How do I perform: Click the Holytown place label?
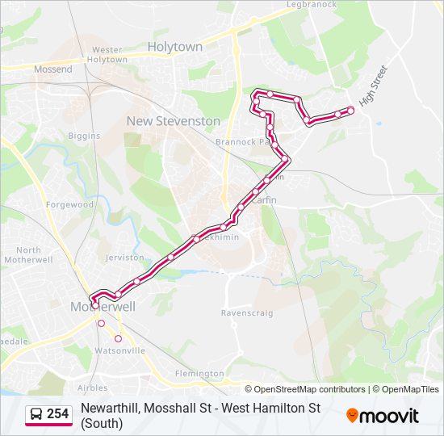click(175, 47)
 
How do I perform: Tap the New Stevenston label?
click(173, 121)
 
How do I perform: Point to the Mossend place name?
click(53, 69)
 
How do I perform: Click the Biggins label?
click(83, 136)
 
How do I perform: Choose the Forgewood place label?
click(69, 205)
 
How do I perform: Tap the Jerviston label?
click(124, 258)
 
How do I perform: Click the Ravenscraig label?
click(247, 312)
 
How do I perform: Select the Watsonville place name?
click(120, 351)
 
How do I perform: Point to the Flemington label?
click(199, 374)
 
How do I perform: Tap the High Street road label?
click(374, 86)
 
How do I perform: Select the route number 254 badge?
click(57, 414)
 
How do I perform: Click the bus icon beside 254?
click(37, 415)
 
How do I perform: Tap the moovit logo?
click(383, 416)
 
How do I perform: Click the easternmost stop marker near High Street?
click(350, 110)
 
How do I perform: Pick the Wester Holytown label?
click(107, 55)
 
